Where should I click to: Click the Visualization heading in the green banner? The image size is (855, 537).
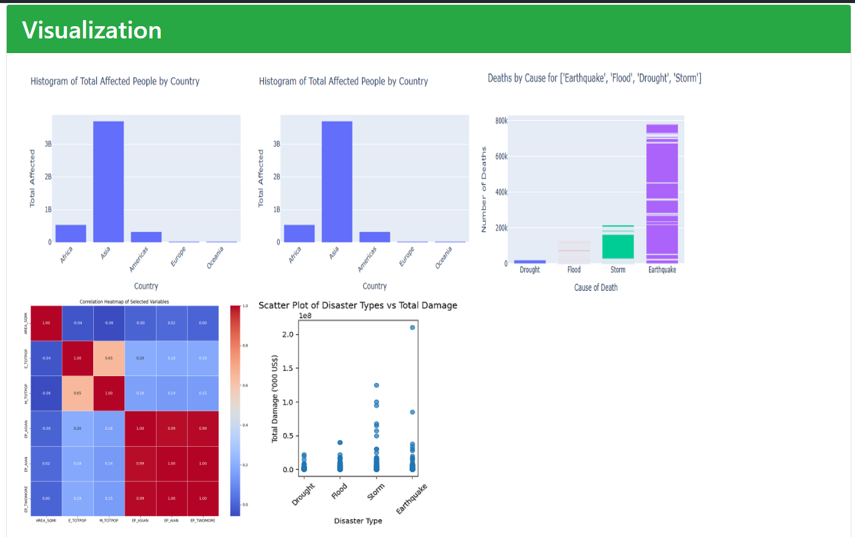92,30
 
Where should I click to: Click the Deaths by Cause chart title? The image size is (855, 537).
594,78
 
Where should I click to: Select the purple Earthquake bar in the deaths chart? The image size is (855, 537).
662,195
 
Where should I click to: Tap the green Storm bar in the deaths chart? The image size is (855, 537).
618,245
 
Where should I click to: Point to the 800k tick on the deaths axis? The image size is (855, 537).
501,121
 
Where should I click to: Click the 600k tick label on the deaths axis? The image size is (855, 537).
501,157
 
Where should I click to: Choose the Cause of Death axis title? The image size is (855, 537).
595,288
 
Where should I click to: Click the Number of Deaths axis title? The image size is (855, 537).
484,190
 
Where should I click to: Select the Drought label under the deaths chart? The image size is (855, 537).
530,270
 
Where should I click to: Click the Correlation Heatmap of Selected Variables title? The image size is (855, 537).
124,302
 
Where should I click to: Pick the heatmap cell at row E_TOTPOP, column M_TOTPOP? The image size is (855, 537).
109,358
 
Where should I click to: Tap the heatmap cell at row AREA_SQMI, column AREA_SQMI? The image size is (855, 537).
46,323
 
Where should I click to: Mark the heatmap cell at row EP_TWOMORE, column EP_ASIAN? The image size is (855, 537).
140,499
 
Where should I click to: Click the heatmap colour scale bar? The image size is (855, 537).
235,410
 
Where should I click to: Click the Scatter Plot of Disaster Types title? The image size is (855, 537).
358,305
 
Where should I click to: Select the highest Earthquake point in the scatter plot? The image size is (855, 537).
413,327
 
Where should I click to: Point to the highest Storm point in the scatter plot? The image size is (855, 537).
377,385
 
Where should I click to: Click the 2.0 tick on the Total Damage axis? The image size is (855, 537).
288,335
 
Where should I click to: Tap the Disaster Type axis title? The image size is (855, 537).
358,521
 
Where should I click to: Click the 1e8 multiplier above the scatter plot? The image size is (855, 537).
305,316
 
